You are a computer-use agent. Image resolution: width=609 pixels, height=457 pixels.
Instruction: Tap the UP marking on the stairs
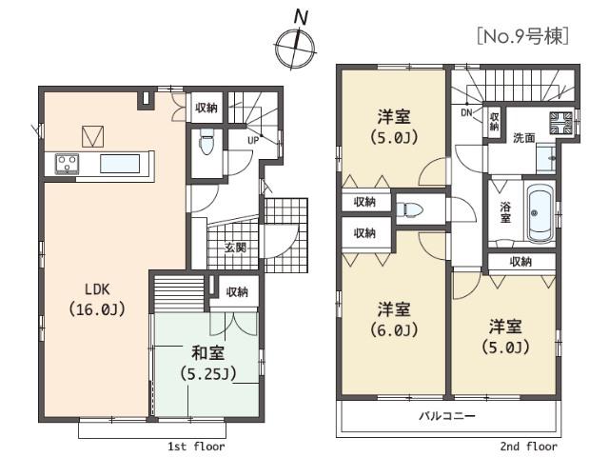pos(253,140)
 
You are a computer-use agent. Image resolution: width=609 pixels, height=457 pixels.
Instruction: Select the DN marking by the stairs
pos(466,113)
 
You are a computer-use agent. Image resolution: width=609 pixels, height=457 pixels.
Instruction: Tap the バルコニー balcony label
pos(446,417)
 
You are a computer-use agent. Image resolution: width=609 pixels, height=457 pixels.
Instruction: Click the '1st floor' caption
pos(196,446)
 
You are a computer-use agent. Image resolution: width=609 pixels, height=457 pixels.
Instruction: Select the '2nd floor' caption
pos(529,446)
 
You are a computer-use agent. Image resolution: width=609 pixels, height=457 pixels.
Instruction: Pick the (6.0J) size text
pos(393,330)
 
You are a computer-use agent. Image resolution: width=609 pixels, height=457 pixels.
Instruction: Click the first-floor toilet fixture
pos(206,144)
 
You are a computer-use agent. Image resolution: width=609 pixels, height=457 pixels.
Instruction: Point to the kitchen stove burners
pos(67,163)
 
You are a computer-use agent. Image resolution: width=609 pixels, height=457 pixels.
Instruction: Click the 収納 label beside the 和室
pos(237,291)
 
